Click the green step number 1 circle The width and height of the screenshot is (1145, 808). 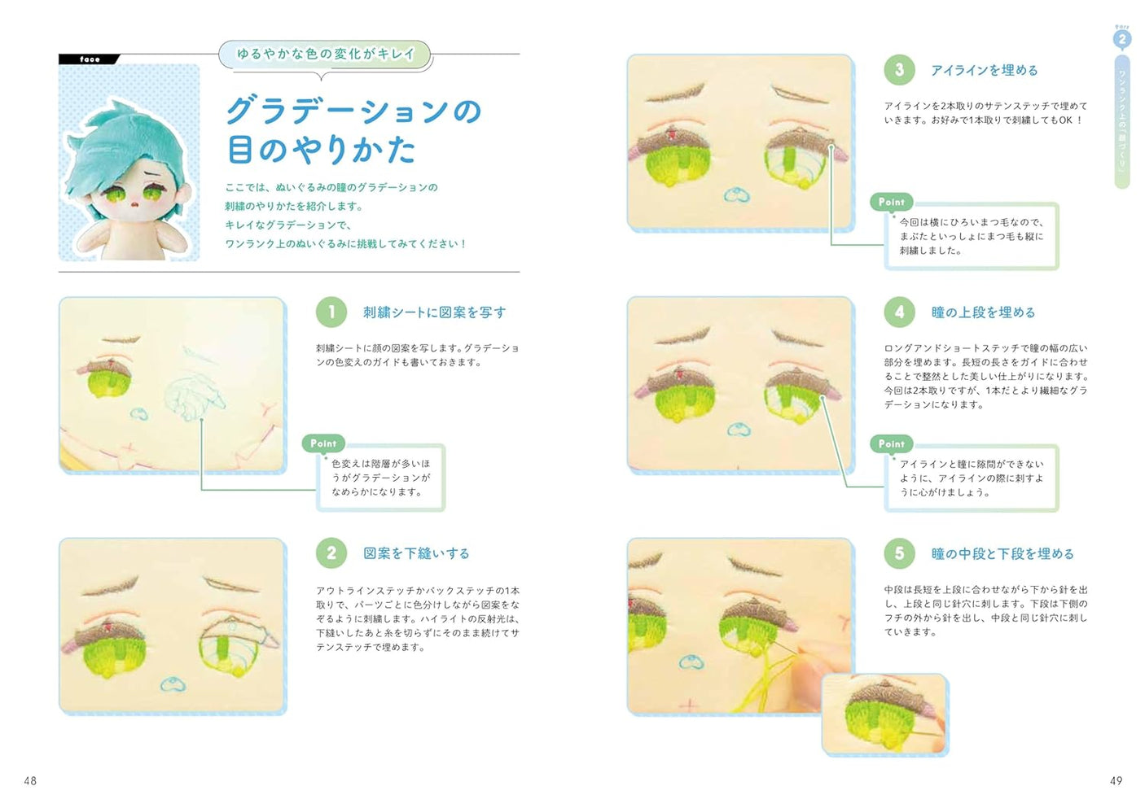click(331, 312)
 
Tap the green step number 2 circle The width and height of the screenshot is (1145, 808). click(331, 553)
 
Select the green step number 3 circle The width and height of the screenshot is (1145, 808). click(899, 70)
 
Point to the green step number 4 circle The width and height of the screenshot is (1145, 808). click(899, 312)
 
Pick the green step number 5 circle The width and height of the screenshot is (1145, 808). click(899, 553)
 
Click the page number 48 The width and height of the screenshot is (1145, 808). click(30, 780)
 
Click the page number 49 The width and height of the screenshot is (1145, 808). click(1116, 780)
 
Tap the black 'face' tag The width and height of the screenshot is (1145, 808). click(90, 59)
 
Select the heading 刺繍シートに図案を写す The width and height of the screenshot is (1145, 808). click(434, 312)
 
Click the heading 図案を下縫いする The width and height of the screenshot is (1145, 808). click(416, 553)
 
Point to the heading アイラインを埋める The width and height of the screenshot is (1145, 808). click(985, 71)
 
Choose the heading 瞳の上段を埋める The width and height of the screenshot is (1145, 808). click(983, 312)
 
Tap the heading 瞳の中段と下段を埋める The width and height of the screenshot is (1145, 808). click(1002, 554)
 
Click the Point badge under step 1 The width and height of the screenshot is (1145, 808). click(323, 443)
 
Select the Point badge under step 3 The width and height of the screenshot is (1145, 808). click(891, 202)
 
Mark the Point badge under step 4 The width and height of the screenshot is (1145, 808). click(891, 443)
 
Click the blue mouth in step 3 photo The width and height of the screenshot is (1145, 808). click(736, 195)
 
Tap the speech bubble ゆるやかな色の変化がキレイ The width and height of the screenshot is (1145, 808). click(325, 54)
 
